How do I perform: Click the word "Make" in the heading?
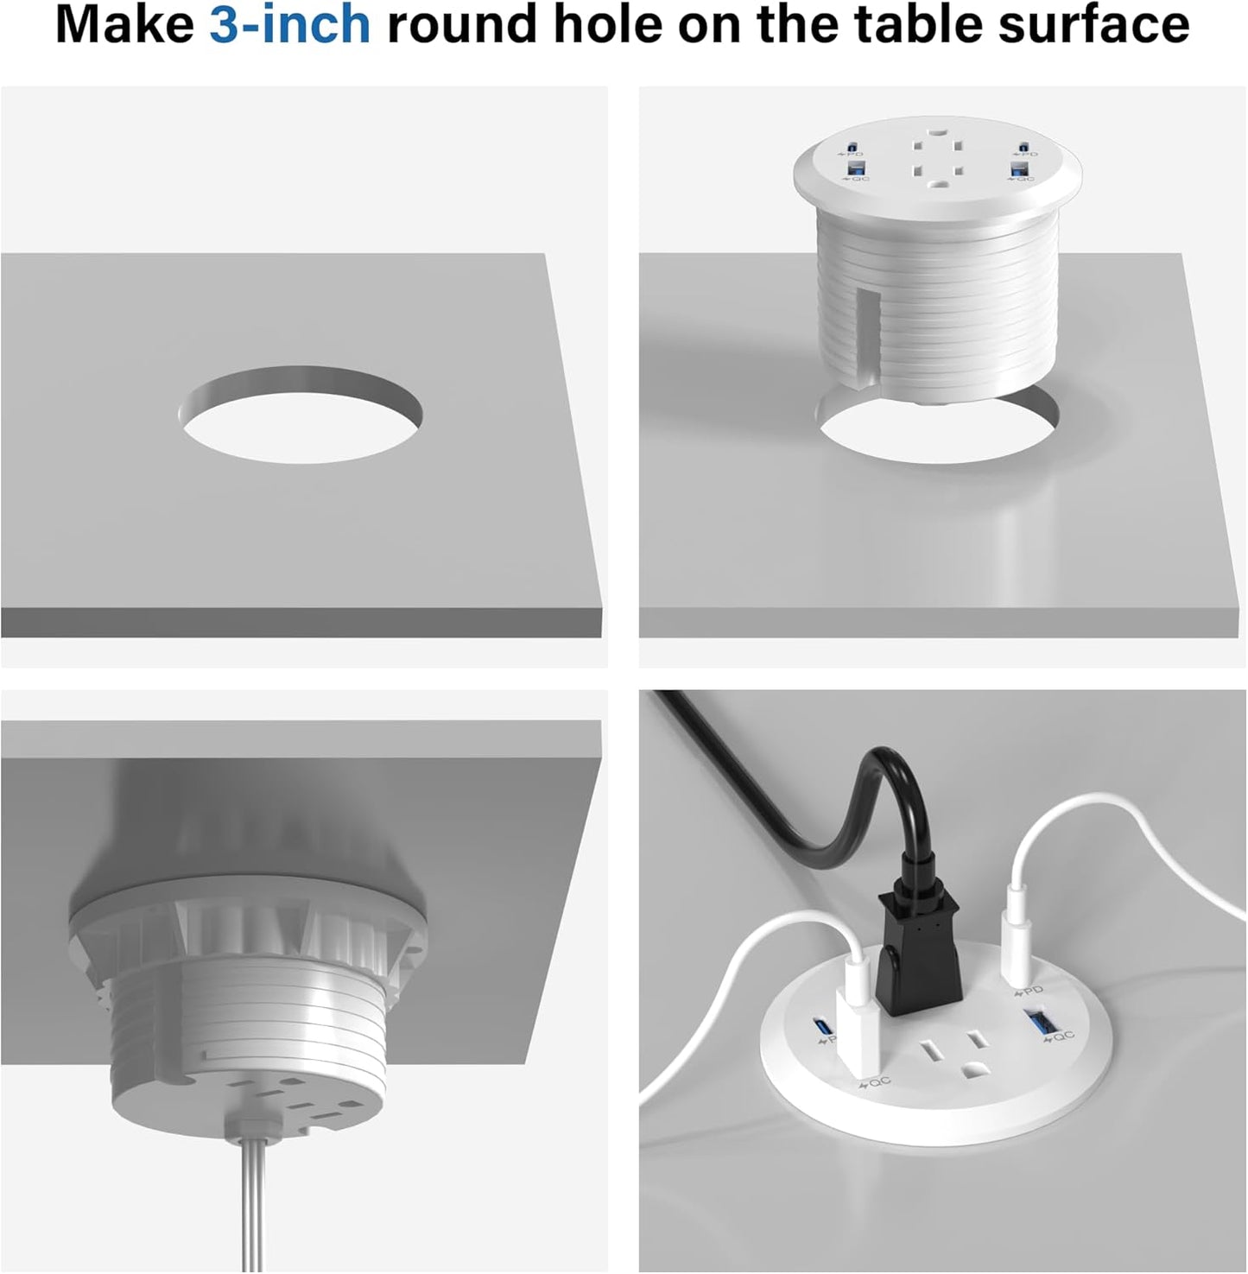point(124,24)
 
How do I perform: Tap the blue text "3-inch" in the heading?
point(290,24)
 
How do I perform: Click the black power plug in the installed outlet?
point(919,959)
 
